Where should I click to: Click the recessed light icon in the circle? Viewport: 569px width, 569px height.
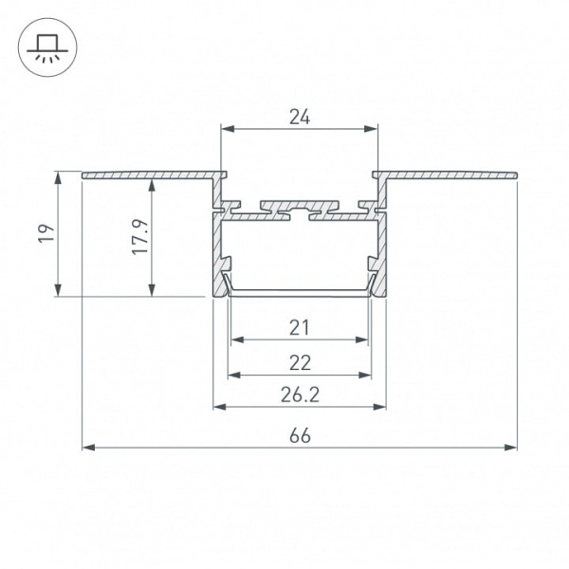tap(47, 47)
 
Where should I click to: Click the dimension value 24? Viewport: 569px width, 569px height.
tap(300, 118)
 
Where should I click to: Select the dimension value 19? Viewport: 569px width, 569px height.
tap(47, 233)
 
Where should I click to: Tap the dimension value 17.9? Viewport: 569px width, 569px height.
tap(140, 236)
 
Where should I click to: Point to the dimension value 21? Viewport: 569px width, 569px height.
tap(300, 328)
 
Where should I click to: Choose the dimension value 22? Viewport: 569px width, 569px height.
tap(300, 363)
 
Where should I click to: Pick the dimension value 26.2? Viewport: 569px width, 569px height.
tap(300, 395)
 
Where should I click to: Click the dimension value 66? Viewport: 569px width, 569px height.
tap(300, 436)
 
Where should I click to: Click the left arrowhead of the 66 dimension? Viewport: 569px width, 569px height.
tap(88, 448)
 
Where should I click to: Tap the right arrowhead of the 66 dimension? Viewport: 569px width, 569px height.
tap(510, 448)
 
